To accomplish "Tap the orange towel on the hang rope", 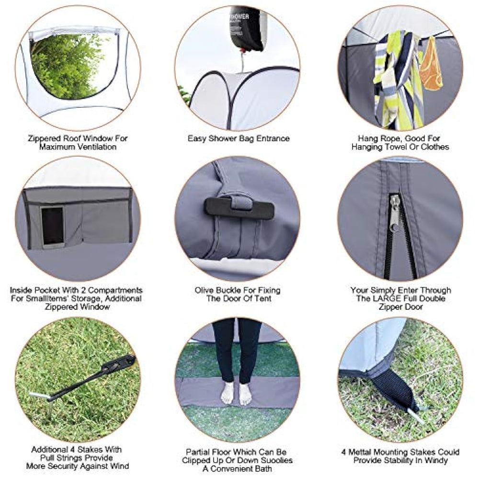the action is coord(431,64).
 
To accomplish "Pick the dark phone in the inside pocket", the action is coord(52,226).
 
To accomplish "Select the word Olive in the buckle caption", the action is coord(204,290).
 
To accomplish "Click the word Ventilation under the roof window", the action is coord(96,147).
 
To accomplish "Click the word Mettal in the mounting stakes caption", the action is coord(360,452).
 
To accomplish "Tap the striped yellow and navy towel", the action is coord(397,80).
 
